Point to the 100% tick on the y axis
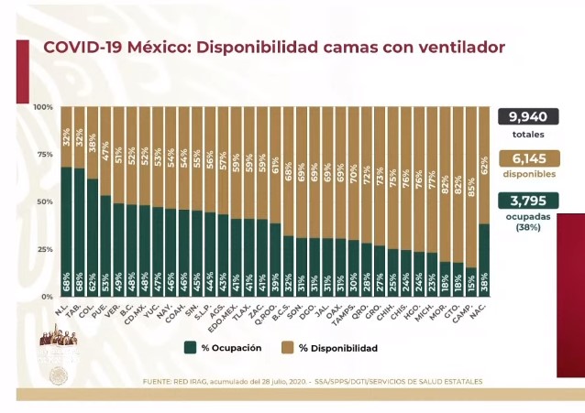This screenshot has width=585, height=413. pyautogui.click(x=43, y=107)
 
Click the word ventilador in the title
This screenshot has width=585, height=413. pyautogui.click(x=453, y=48)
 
